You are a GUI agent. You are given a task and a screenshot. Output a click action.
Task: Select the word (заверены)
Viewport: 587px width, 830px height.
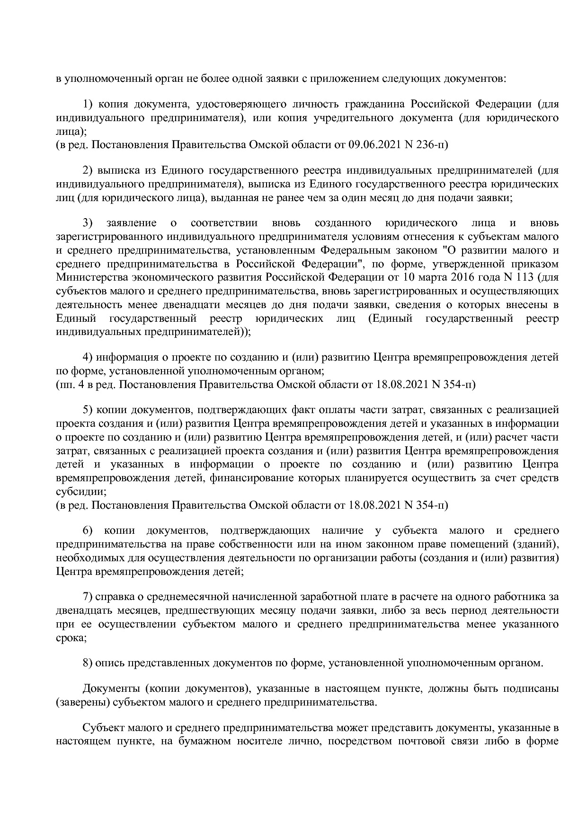click(x=82, y=702)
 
